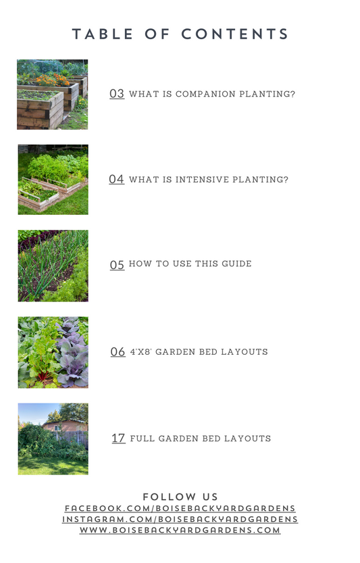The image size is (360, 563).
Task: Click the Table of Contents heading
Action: point(180,34)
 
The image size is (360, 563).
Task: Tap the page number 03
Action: point(117,93)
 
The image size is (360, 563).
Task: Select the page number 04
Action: point(116,179)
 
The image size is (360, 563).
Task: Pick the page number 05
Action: point(117,265)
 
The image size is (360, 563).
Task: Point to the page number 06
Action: point(118,351)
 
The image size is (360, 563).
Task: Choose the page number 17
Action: point(118,438)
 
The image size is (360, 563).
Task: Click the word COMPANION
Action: point(205,94)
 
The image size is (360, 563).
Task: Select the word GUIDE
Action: point(236,264)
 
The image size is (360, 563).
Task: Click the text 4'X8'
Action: point(140,351)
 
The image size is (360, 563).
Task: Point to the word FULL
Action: point(142,439)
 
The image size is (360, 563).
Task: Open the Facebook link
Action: point(180,508)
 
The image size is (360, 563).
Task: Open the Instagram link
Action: point(180,519)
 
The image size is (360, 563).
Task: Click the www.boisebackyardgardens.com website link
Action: point(180,530)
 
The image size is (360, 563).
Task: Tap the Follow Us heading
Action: point(180,497)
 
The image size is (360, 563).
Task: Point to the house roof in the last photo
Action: point(65,422)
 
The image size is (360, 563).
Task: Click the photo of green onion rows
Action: point(53,266)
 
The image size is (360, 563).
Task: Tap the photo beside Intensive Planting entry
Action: point(53,180)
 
